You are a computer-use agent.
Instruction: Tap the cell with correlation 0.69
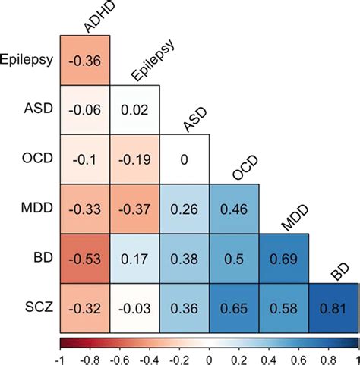click(283, 258)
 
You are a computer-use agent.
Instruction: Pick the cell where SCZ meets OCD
click(233, 307)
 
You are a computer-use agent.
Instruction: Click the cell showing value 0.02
click(135, 109)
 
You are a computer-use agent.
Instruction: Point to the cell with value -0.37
click(135, 209)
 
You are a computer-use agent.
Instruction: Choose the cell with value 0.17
click(135, 258)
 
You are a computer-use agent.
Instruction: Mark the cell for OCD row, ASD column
click(185, 159)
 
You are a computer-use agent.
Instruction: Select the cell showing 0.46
click(233, 209)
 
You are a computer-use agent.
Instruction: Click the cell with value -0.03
click(135, 307)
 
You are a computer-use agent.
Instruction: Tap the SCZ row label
click(36, 307)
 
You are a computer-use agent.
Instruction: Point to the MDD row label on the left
click(36, 209)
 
